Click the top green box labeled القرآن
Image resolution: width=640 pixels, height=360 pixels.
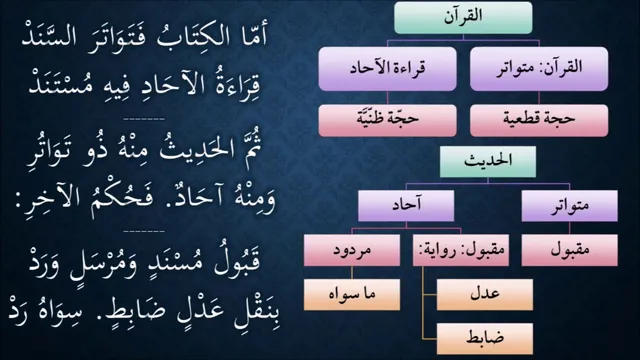click(x=463, y=18)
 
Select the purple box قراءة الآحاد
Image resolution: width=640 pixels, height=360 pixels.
click(x=387, y=69)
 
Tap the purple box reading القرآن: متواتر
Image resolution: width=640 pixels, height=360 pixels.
click(x=539, y=69)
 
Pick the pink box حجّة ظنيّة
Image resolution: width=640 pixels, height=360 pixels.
click(x=387, y=120)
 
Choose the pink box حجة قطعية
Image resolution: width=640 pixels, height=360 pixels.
click(x=539, y=120)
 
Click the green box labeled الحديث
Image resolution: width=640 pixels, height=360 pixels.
click(x=488, y=162)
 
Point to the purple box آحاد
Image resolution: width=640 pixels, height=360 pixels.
click(x=406, y=206)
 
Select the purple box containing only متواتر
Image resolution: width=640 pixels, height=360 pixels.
click(x=569, y=206)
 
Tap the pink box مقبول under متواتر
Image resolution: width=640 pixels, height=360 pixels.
click(x=569, y=250)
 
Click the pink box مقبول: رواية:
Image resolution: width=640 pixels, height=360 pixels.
click(x=461, y=250)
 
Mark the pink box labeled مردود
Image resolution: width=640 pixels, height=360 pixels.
click(x=352, y=250)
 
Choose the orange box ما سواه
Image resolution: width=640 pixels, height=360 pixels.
click(x=352, y=294)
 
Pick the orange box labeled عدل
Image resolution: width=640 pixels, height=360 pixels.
click(x=485, y=294)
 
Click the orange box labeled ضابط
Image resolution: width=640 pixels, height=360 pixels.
click(x=485, y=339)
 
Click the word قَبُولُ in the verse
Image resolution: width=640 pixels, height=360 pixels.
click(x=237, y=262)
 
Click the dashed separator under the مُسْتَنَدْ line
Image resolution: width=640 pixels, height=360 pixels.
click(x=144, y=119)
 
